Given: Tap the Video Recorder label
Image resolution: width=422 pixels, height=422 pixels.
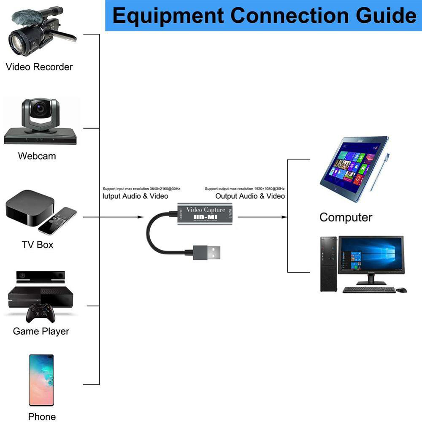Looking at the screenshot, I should click(39, 67).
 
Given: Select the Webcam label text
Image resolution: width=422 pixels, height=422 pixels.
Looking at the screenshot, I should click(37, 156).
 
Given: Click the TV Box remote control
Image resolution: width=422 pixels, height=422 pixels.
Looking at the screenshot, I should click(57, 220).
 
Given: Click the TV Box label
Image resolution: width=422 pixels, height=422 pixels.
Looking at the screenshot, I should click(38, 244).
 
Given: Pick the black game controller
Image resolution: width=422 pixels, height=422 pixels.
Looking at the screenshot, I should click(41, 313).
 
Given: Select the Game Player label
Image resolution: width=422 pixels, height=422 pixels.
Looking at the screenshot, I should click(41, 331).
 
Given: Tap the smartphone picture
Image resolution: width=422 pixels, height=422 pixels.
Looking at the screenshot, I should click(41, 380).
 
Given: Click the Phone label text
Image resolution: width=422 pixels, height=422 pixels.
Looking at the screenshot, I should click(42, 417).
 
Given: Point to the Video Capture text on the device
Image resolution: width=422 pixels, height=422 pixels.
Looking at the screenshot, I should click(206, 210).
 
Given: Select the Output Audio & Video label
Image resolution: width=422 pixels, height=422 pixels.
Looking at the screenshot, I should click(250, 196).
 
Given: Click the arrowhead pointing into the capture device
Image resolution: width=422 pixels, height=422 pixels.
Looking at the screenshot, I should click(141, 217).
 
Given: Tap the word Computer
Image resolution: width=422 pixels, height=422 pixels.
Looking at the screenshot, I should click(346, 217).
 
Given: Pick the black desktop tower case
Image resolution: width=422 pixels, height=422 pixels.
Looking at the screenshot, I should click(329, 264).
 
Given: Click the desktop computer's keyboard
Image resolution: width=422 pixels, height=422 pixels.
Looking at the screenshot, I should click(369, 290).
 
